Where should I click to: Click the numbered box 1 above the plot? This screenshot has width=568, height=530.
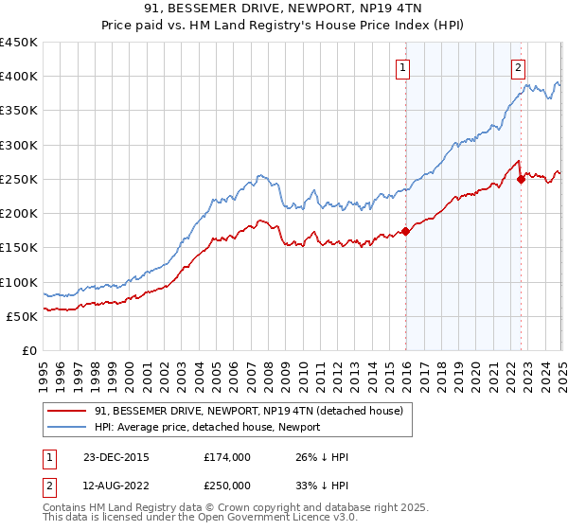[x=403, y=67]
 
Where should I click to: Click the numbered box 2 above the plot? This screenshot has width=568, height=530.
[x=519, y=67]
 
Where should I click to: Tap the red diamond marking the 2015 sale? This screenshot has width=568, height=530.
[x=406, y=230]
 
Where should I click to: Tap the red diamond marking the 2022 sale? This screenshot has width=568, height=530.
[x=521, y=178]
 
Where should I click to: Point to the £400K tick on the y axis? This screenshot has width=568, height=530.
[x=19, y=77]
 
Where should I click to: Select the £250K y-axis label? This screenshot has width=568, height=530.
[x=19, y=179]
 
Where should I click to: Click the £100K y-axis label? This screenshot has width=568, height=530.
[x=19, y=282]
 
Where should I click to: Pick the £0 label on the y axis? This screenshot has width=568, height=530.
[x=30, y=351]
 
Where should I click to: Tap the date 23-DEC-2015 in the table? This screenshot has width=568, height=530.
[x=116, y=457]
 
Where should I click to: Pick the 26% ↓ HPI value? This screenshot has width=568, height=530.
[x=322, y=457]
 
